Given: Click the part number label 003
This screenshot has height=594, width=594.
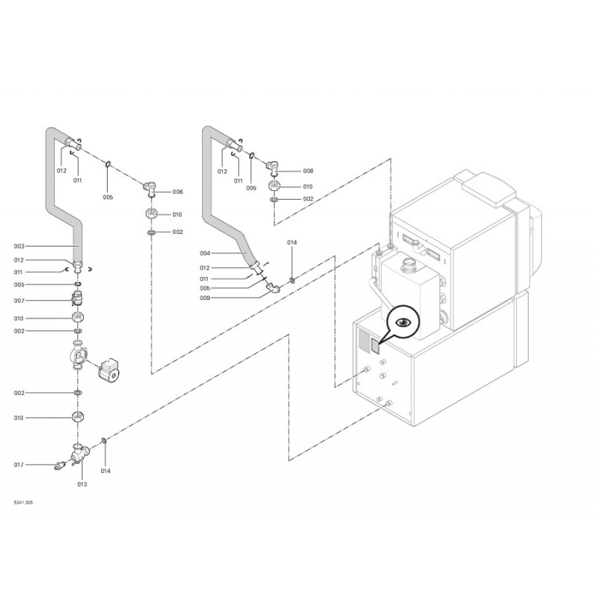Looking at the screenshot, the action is coord(19,247).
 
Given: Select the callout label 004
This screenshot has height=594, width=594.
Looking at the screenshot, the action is coord(205,253).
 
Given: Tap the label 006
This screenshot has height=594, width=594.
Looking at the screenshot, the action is coord(177,192).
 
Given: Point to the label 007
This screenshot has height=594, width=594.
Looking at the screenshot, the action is coord(19,301).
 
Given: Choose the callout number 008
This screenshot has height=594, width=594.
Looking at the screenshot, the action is coord(308,171).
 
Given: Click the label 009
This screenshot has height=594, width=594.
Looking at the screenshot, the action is coord(205,298).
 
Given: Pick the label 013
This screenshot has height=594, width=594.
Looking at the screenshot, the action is coord(82,484).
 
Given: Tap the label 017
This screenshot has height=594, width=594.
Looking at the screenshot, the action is coord(19,465).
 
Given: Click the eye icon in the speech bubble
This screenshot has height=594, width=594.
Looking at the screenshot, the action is coord(404,322).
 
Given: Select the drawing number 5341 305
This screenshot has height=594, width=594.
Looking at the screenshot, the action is coord(23,503).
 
